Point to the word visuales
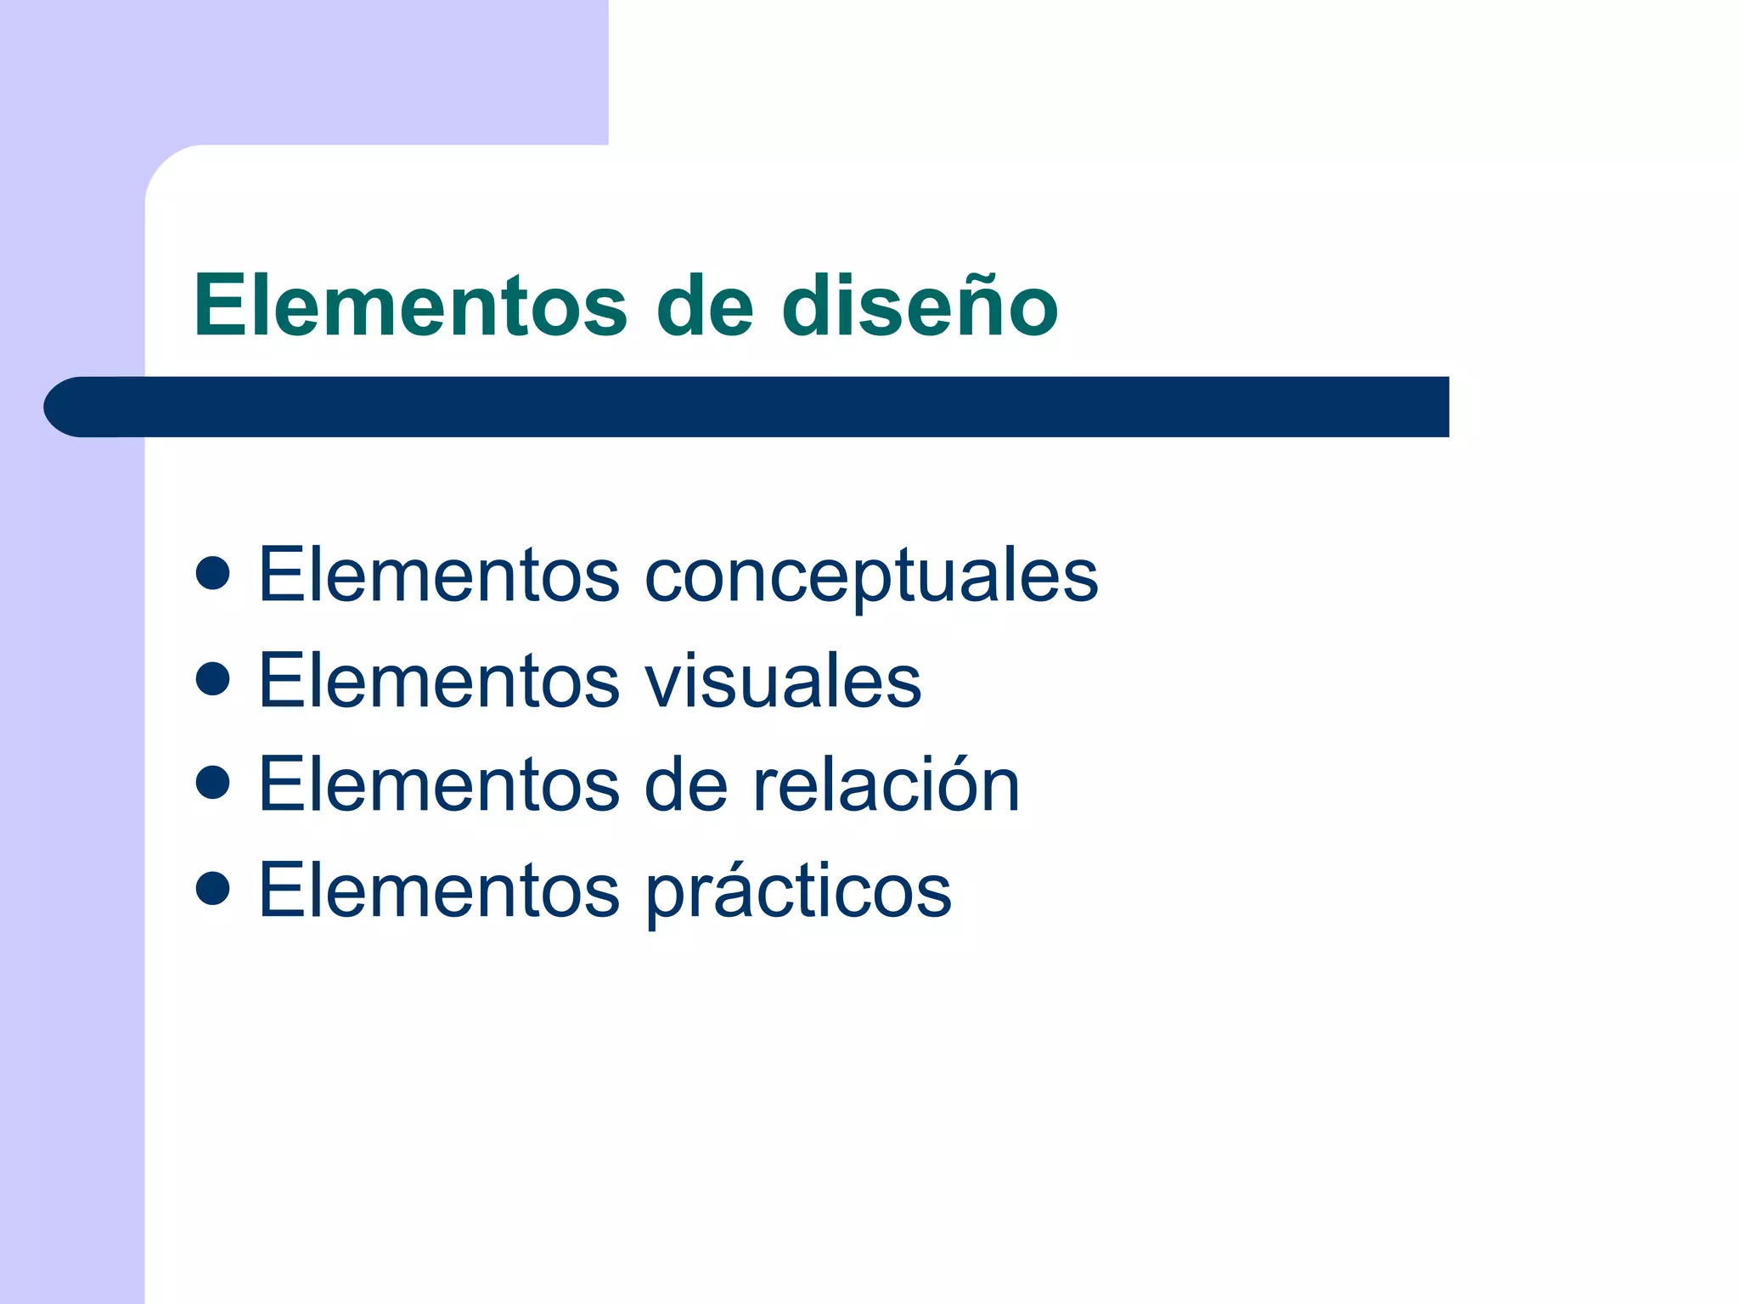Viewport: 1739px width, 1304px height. click(x=783, y=681)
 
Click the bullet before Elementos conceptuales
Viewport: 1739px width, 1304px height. click(x=212, y=573)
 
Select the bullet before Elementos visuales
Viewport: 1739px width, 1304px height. click(x=212, y=678)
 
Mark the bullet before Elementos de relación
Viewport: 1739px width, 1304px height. click(x=212, y=783)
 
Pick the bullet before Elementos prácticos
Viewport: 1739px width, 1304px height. click(x=212, y=888)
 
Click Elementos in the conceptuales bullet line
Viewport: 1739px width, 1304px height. click(x=439, y=576)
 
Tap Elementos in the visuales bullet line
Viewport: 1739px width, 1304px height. click(x=439, y=681)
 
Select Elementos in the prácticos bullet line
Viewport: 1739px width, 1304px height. click(x=439, y=891)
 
